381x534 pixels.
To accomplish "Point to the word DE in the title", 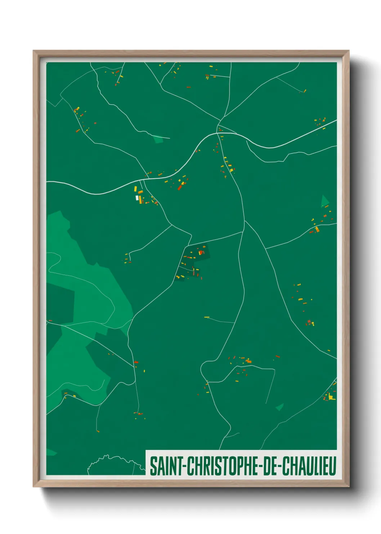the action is click(270, 466).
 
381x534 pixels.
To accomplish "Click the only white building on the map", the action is click(137, 198).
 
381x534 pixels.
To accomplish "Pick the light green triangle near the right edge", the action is click(324, 201).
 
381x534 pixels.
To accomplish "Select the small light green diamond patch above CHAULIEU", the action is click(279, 407).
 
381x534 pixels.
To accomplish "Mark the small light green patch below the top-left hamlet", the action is click(158, 139).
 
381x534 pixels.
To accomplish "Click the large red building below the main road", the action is click(180, 187).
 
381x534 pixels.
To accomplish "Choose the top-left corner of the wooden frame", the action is click(33, 51).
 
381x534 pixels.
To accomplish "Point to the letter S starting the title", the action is click(153, 466).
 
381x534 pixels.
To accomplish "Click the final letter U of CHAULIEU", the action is click(333, 466).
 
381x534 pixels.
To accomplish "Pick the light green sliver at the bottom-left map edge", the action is click(51, 452).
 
